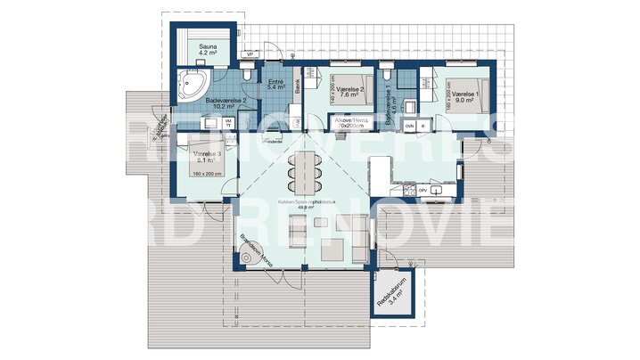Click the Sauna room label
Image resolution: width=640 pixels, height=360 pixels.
coord(208,50)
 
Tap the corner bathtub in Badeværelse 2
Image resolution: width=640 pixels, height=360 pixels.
coord(191,83)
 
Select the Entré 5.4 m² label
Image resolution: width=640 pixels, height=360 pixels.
coord(275,85)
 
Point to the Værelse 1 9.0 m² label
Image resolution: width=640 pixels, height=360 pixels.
coord(465,97)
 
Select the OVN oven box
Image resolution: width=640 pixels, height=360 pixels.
coord(410,127)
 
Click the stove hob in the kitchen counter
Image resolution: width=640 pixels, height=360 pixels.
coord(409,190)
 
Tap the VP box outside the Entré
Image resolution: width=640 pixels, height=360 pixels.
coord(250,55)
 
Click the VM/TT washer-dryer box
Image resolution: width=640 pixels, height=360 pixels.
coord(228,122)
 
